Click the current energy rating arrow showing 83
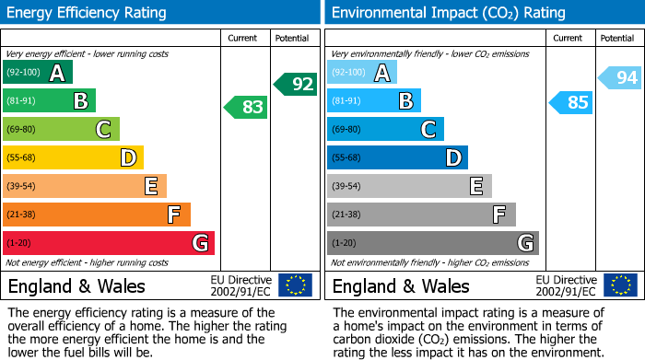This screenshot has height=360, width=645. tap(246, 107)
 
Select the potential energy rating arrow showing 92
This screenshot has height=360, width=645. tap(296, 84)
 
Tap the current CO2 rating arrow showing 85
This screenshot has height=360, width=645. tap(570, 101)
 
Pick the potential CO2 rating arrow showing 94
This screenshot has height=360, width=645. tap(620, 78)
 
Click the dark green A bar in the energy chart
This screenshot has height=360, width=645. tap(37, 73)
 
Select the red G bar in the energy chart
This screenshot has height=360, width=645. tap(108, 243)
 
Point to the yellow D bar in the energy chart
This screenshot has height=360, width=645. tap(73, 157)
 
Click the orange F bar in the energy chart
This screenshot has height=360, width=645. tap(96, 215)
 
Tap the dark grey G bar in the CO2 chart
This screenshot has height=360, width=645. tap(432, 243)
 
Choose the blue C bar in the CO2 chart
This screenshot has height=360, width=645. tap(385, 129)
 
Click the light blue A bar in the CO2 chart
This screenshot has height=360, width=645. tap(362, 73)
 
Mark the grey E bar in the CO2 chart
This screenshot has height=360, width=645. tap(409, 186)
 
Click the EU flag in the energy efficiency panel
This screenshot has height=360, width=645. tap(295, 285)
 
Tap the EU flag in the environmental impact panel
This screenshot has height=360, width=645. tap(619, 285)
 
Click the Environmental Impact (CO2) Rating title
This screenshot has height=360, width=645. tap(448, 13)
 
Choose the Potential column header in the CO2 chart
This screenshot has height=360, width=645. tap(617, 38)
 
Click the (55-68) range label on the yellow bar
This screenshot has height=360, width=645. tap(22, 158)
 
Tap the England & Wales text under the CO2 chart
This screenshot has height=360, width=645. tap(401, 285)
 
